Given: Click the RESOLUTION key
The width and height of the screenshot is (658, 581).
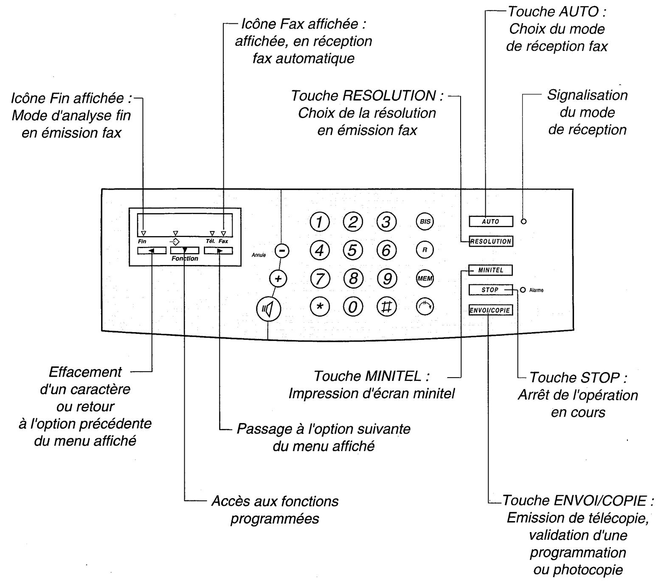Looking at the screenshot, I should click(491, 241).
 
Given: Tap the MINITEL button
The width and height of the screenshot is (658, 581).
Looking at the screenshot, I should click(490, 270).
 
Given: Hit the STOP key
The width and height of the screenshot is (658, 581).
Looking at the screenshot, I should click(490, 290).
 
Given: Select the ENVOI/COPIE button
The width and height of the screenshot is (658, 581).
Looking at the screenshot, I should click(490, 310).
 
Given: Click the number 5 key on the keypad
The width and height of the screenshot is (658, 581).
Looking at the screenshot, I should click(353, 250).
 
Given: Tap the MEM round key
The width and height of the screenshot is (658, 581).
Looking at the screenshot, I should click(425, 279).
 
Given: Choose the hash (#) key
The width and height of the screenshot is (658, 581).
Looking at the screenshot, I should click(386, 307).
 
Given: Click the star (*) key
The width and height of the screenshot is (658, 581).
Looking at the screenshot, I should click(320, 307).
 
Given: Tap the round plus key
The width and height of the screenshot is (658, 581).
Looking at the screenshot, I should click(278, 279).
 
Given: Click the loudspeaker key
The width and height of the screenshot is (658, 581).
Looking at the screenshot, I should click(269, 309).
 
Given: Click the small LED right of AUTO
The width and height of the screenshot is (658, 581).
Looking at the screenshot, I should click(524, 221).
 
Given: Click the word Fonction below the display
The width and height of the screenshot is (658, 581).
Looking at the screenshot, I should click(185, 258).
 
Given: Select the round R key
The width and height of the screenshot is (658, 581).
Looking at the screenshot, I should click(425, 250).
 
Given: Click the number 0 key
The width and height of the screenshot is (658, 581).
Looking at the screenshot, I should click(353, 307).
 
